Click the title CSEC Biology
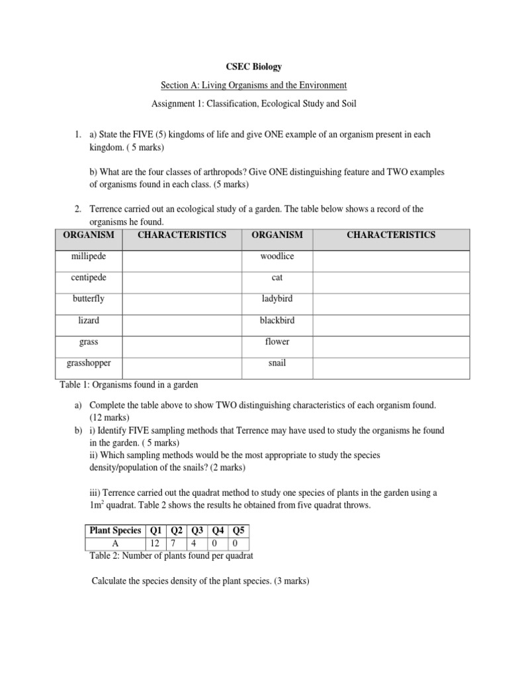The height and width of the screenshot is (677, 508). pos(254,67)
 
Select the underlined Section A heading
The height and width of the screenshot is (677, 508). pos(254,85)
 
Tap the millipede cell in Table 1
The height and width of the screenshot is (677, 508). pos(88,256)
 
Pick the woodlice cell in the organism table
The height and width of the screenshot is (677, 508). pos(276,256)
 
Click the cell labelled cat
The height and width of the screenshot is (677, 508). pos(276,278)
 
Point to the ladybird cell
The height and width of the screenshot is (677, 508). pos(276,299)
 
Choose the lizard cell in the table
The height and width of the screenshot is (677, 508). pos(88,320)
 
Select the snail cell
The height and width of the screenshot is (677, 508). pos(276,363)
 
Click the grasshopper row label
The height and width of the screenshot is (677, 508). pos(88,363)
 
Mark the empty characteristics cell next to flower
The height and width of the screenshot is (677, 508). pos(390,342)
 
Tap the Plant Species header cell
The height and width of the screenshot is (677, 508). pos(116,530)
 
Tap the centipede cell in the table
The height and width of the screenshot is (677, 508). pos(88,278)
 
